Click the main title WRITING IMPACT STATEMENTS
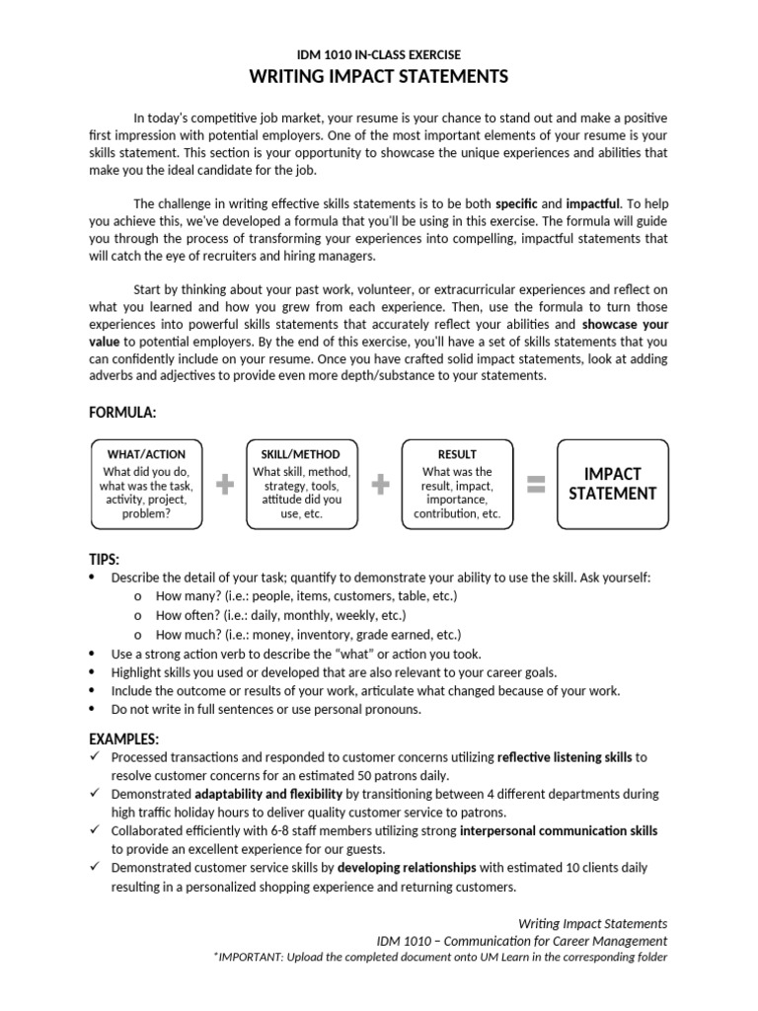click(379, 77)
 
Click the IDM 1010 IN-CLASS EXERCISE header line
click(379, 55)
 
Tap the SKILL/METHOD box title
click(301, 454)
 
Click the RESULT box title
click(456, 454)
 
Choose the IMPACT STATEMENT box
click(612, 484)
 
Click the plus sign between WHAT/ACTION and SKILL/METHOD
click(226, 485)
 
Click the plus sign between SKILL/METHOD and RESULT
click(379, 485)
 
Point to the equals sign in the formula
click(536, 484)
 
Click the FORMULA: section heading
click(122, 410)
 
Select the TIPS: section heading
click(104, 560)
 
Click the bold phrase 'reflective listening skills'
click(565, 757)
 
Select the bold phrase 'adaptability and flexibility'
click(268, 794)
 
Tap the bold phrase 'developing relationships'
click(407, 867)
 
